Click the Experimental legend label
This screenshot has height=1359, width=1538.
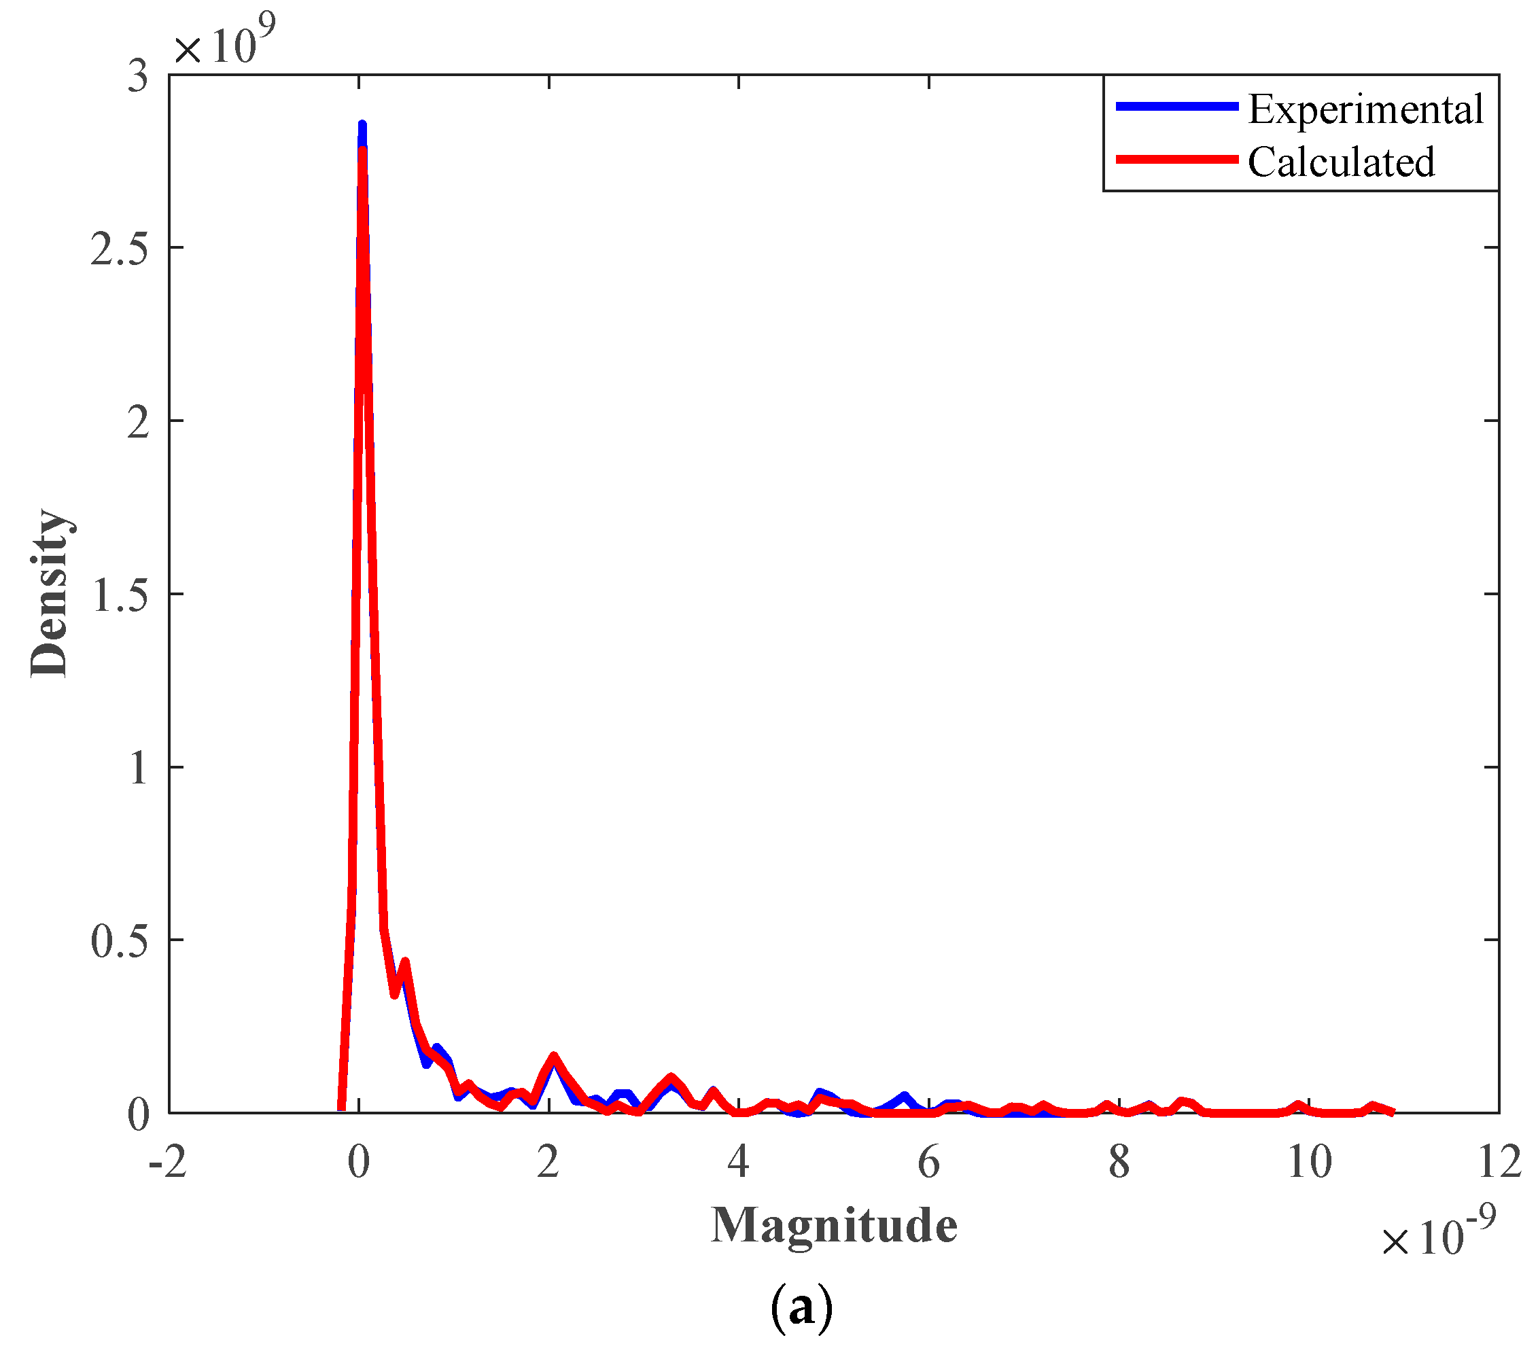(x=1365, y=110)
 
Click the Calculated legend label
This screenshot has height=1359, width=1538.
(x=1341, y=162)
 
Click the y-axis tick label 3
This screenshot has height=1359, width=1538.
(x=137, y=77)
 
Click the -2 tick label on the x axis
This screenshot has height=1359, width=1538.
(x=168, y=1163)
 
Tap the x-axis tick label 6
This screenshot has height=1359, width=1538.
(x=928, y=1163)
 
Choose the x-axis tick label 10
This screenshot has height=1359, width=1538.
(x=1309, y=1163)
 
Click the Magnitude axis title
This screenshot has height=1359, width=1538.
(x=834, y=1226)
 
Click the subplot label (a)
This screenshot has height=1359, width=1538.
(x=801, y=1307)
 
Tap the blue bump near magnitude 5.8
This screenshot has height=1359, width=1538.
(x=904, y=1097)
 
